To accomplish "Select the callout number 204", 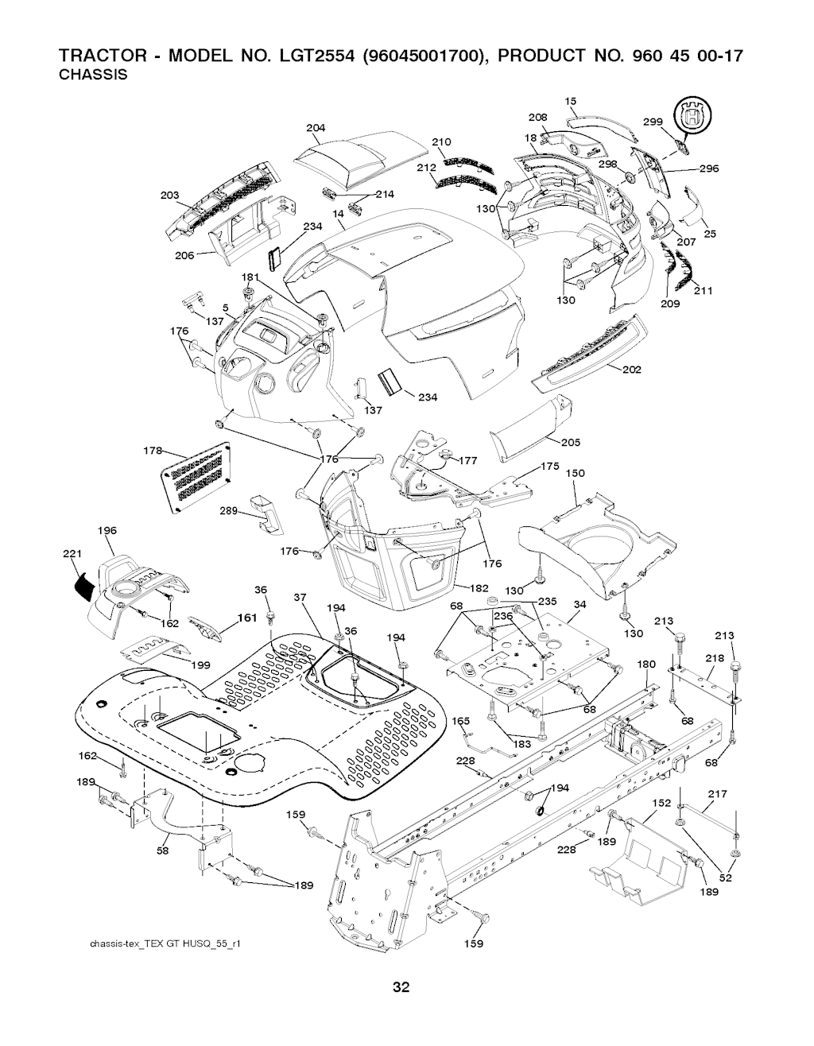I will point(316,128).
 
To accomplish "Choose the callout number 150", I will point(575,474).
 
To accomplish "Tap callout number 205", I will point(570,443).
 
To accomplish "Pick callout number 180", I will point(646,664).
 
